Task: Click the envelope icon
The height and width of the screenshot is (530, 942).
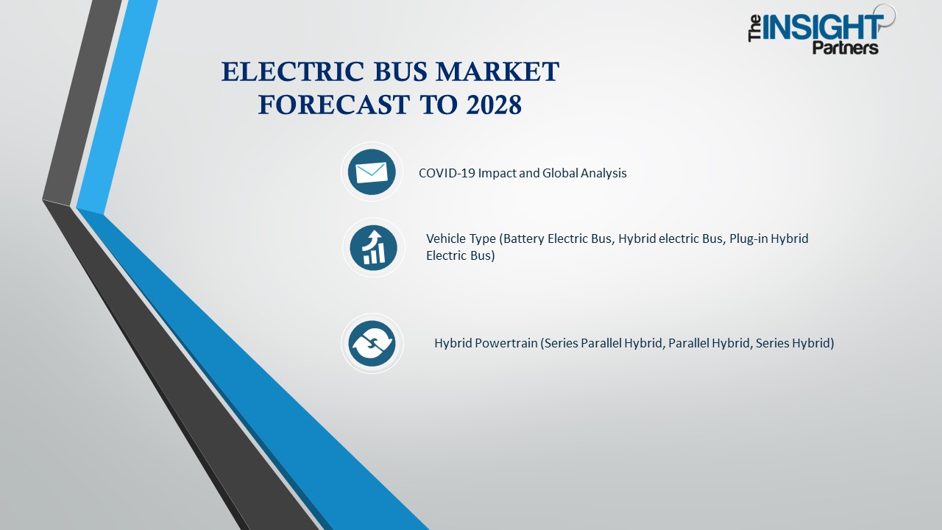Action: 372,172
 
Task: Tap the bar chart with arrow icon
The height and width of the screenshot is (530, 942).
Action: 373,247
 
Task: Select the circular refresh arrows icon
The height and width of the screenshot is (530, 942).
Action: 372,343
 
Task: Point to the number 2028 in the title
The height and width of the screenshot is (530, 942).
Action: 493,105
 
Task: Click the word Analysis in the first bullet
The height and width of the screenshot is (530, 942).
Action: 603,173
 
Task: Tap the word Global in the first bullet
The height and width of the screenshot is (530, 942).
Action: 562,173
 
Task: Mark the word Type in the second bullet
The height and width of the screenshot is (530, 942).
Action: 483,239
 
